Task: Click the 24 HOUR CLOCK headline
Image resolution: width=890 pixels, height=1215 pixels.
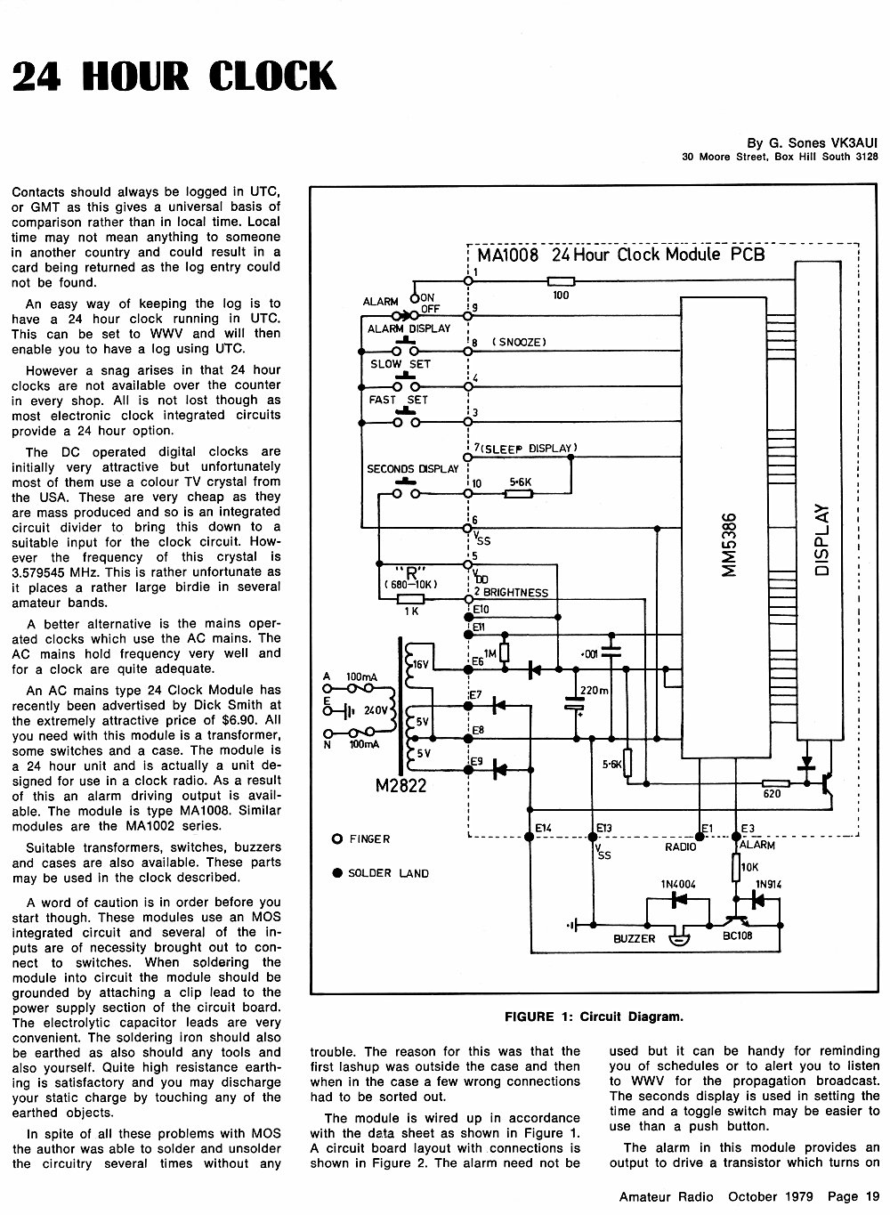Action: pyautogui.click(x=174, y=76)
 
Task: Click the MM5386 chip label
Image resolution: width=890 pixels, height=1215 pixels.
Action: pyautogui.click(x=731, y=544)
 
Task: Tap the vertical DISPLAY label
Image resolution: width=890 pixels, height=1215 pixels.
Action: pyautogui.click(x=822, y=539)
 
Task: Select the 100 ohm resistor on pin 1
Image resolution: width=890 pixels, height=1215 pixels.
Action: pyautogui.click(x=561, y=281)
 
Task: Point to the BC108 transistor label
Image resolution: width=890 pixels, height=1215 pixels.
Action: pyautogui.click(x=737, y=936)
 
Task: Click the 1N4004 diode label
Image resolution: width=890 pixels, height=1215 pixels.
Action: pyautogui.click(x=678, y=884)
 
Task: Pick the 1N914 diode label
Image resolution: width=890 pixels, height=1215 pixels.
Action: pyautogui.click(x=768, y=884)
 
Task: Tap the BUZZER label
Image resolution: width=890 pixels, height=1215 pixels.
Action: pyautogui.click(x=634, y=938)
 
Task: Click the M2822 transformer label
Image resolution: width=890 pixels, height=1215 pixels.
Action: pyautogui.click(x=400, y=785)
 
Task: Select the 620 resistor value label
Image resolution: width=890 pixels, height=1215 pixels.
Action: pyautogui.click(x=772, y=794)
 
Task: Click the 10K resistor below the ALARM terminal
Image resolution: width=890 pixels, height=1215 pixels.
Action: pyautogui.click(x=736, y=867)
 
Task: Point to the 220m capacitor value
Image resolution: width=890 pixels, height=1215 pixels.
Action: pyautogui.click(x=595, y=691)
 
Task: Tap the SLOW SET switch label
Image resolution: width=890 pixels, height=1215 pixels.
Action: pyautogui.click(x=400, y=364)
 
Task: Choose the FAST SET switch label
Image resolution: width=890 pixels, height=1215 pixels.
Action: pyautogui.click(x=398, y=400)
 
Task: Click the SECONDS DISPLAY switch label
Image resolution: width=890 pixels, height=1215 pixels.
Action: pyautogui.click(x=413, y=468)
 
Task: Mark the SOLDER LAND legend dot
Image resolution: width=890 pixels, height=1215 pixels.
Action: pyautogui.click(x=337, y=872)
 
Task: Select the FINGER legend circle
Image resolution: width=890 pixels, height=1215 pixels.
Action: pyautogui.click(x=336, y=839)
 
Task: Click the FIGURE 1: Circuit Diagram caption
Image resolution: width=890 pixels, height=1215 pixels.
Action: pyautogui.click(x=594, y=1017)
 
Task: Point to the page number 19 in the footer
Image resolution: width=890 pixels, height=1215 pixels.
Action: pyautogui.click(x=872, y=1196)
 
